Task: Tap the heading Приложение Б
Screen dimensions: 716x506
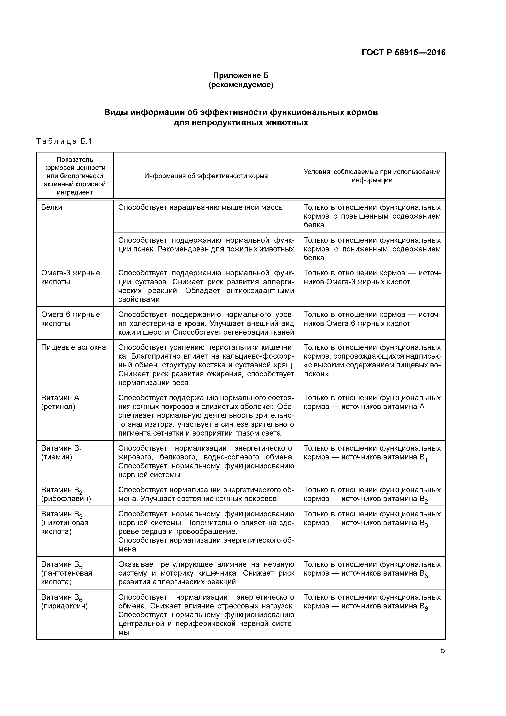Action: (x=241, y=76)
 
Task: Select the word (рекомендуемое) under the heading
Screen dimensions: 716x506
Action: (x=241, y=85)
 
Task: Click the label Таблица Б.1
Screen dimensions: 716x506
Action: (x=64, y=141)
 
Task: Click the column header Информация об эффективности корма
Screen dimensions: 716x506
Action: (x=206, y=176)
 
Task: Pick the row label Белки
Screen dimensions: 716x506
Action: (x=52, y=207)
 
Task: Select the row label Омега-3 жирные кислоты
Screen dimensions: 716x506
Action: (x=70, y=277)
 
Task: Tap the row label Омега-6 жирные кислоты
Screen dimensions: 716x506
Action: (x=70, y=319)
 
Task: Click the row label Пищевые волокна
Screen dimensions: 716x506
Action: (x=74, y=347)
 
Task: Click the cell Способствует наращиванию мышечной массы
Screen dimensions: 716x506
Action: (x=201, y=207)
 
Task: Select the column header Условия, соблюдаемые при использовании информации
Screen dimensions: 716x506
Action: (x=372, y=176)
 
